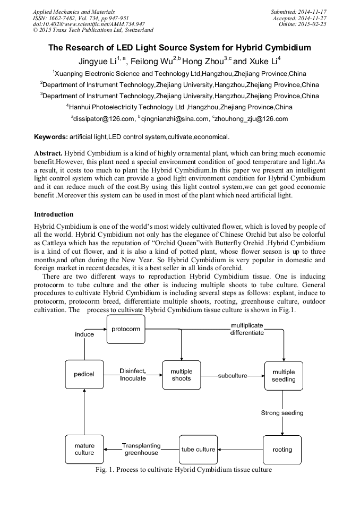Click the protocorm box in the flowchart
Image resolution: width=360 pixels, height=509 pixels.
tap(126, 329)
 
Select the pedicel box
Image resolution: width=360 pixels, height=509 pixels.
tap(84, 374)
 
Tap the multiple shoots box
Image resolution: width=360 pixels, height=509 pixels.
tap(182, 375)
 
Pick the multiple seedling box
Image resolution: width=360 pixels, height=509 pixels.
tap(284, 376)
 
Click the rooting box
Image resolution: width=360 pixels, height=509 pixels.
tap(282, 450)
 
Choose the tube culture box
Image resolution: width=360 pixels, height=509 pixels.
tap(199, 450)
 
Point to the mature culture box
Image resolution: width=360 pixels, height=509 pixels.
tap(84, 450)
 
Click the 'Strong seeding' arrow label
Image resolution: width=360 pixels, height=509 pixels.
tap(282, 413)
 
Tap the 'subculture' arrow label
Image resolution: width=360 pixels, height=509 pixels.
tap(233, 376)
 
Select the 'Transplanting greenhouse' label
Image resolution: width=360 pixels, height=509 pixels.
tap(141, 450)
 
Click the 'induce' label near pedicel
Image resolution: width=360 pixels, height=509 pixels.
tap(84, 334)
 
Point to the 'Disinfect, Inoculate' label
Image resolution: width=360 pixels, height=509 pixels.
tap(133, 374)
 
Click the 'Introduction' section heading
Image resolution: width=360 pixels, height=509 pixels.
tap(54, 214)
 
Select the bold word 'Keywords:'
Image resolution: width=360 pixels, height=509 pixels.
tap(51, 137)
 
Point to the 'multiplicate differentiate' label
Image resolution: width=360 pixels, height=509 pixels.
tap(247, 329)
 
